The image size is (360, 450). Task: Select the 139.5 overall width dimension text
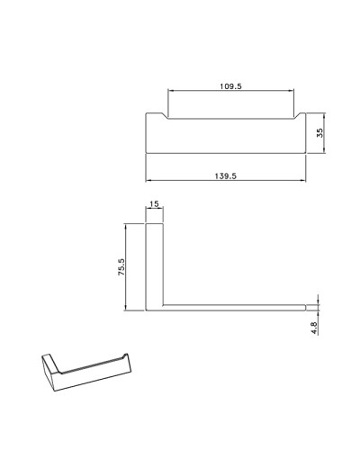[227, 176]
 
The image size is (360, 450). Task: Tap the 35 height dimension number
[319, 131]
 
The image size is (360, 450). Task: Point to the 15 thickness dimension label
[154, 205]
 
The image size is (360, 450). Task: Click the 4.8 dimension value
[314, 329]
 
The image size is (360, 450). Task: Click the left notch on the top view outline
[165, 116]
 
